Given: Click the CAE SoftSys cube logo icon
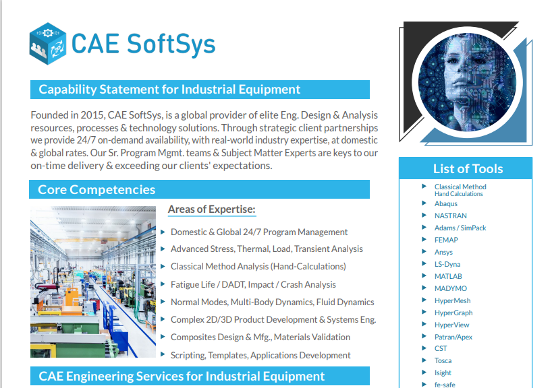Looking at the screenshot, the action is [x=48, y=44].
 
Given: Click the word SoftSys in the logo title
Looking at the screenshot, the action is [x=171, y=44].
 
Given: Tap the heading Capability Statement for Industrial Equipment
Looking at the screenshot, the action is [x=169, y=90].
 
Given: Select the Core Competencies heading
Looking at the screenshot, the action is [x=96, y=190].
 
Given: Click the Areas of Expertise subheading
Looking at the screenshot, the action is [x=212, y=209].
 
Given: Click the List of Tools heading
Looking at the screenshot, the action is [x=468, y=168].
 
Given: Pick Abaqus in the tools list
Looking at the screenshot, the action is [x=445, y=204].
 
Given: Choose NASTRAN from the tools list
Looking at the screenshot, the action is [x=451, y=216].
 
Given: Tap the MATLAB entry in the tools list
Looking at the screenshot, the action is [x=448, y=277].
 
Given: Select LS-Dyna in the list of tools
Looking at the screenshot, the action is [x=447, y=264].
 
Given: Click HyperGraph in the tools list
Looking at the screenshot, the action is [x=453, y=313].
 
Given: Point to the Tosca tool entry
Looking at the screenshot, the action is [x=443, y=360].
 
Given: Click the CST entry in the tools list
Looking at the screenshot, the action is [x=441, y=349].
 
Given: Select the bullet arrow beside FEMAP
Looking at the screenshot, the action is [x=424, y=239].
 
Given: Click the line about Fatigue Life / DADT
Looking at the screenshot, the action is [x=253, y=285].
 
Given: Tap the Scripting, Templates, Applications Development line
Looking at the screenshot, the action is [x=260, y=355].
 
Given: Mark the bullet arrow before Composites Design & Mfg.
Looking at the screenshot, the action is [x=163, y=336].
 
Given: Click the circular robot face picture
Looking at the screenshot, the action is [x=467, y=83].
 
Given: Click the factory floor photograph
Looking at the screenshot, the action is [x=93, y=282].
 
